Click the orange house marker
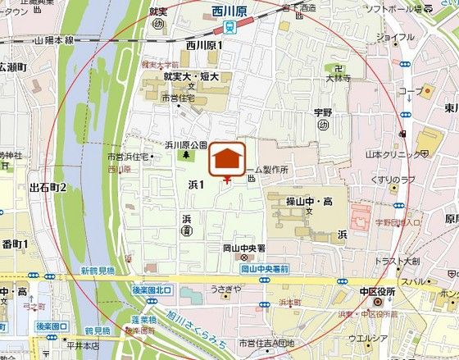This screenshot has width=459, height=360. pos(228,158)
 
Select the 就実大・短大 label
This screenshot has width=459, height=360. pos(191,76)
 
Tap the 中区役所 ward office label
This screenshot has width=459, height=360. pos(377,292)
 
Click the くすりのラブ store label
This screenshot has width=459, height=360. pos(392,180)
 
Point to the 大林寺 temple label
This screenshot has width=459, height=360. pos(336,78)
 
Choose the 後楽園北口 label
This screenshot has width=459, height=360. pos(152,289)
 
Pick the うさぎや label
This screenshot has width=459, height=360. pos(225,289)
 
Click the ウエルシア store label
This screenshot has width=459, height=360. pos(366,337)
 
